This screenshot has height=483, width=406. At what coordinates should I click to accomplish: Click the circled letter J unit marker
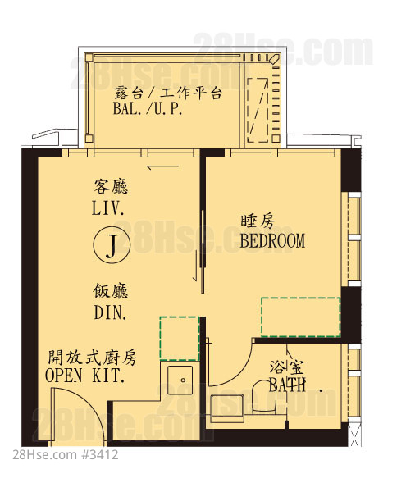tap(112, 245)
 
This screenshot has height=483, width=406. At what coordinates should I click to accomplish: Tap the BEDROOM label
tap(272, 240)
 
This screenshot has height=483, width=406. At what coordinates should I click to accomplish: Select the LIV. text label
tap(108, 208)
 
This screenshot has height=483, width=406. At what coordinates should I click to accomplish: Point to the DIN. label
tap(110, 312)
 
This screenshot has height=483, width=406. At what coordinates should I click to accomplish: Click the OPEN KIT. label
tap(85, 376)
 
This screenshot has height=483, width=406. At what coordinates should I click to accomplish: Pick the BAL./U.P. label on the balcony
tap(148, 109)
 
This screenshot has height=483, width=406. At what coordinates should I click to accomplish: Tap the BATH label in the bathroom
tap(287, 385)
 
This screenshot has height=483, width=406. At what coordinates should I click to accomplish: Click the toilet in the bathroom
tap(263, 397)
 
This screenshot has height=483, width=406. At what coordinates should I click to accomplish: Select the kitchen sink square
tap(180, 380)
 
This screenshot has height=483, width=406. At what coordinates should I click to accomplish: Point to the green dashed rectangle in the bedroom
tap(301, 317)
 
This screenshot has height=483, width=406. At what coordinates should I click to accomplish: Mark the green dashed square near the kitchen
tap(179, 338)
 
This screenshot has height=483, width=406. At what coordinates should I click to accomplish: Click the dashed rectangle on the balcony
tap(258, 110)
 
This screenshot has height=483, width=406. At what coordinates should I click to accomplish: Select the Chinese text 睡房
tap(258, 221)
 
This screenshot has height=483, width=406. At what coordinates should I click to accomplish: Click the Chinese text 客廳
tap(111, 187)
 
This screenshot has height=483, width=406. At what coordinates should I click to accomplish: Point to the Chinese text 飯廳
tap(110, 291)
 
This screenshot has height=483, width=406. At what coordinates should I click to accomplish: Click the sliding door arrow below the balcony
tap(163, 167)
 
